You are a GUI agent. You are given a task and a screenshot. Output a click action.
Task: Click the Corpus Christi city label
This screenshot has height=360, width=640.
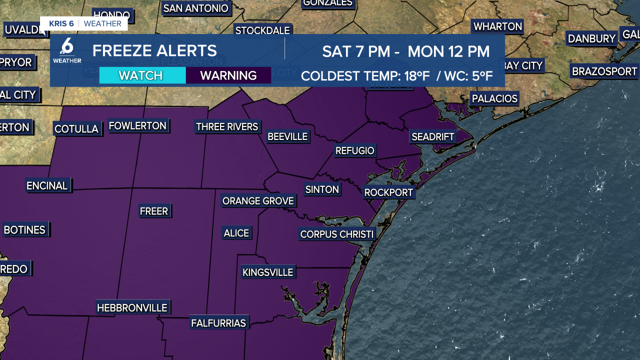tap(336, 234)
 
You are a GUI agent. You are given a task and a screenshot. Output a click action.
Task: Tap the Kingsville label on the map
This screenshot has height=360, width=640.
tap(267, 272)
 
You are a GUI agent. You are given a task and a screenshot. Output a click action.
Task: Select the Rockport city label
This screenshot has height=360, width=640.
tap(388, 192)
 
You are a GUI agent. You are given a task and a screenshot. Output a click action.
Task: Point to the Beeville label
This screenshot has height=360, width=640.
tap(287, 136)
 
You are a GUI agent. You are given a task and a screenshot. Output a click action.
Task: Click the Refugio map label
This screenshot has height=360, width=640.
tap(354, 150)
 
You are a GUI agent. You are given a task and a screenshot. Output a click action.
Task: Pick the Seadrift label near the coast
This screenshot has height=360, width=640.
tap(432, 136)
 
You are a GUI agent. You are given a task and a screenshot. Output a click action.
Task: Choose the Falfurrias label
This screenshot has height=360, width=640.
tap(218, 323)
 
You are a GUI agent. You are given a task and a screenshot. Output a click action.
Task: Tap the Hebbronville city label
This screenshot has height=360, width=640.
tap(132, 307)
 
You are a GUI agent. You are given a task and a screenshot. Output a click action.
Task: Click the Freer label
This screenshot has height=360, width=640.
tap(154, 211)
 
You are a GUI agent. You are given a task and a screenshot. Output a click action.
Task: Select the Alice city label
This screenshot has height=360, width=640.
tap(236, 233)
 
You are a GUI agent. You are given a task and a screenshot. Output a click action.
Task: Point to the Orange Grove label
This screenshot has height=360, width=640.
tap(258, 201)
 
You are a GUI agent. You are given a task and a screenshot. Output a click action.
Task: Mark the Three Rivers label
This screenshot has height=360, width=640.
tap(227, 126)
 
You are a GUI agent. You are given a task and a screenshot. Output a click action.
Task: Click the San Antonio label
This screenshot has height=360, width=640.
tap(196, 8)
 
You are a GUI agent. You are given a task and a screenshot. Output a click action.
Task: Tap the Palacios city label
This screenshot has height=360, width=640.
tap(494, 98)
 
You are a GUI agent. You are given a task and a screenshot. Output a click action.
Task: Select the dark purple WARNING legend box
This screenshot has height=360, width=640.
tap(228, 75)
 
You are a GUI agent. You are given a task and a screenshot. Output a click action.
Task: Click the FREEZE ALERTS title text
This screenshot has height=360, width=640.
tap(154, 50)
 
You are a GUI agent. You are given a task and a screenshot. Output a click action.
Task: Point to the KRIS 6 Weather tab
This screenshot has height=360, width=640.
tap(84, 23)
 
